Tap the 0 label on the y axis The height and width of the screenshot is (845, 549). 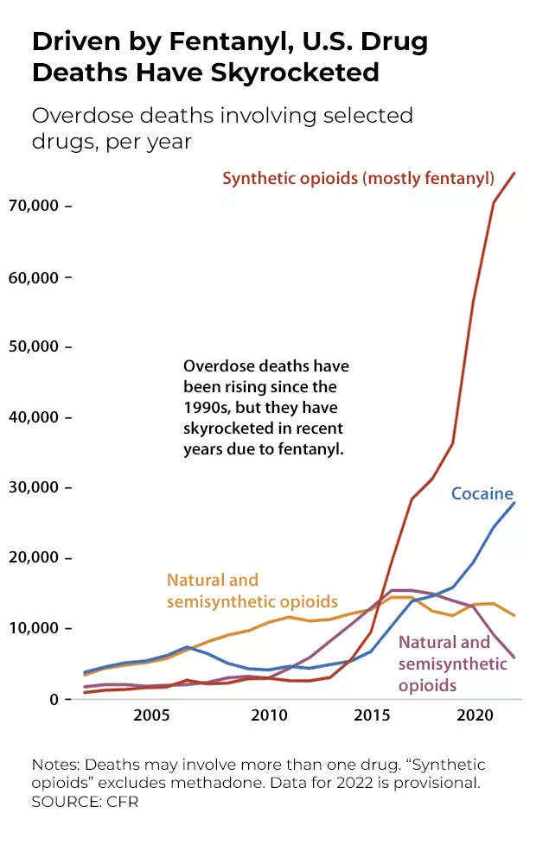point(53,698)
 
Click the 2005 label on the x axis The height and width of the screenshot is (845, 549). point(151,715)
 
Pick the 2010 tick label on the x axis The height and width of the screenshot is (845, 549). point(269,715)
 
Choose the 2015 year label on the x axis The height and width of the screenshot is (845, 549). point(372,715)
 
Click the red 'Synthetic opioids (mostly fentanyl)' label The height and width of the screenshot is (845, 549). point(358,179)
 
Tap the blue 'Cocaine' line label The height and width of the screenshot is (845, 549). point(482,494)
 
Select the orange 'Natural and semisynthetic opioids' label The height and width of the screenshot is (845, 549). point(252,591)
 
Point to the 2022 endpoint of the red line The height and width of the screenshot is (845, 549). point(515,173)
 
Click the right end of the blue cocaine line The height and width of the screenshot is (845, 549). point(515,503)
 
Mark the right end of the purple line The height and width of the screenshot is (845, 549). point(515,658)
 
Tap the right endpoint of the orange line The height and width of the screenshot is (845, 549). point(515,615)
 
